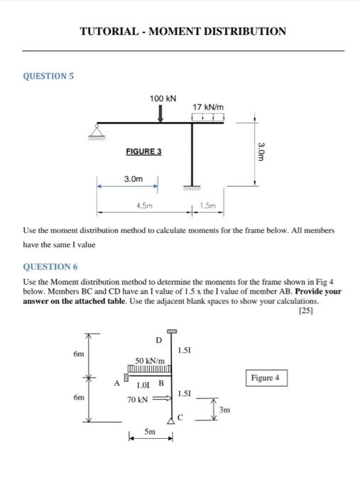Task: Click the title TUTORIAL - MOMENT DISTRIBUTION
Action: (x=182, y=31)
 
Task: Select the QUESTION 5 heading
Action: (x=48, y=75)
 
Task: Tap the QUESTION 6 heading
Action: (x=50, y=266)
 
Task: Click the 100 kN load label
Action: (x=163, y=98)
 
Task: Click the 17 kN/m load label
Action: (x=208, y=106)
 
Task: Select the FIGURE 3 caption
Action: (x=143, y=151)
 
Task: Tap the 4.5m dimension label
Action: (x=144, y=205)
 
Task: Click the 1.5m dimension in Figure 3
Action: (x=209, y=205)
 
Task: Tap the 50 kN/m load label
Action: (x=151, y=361)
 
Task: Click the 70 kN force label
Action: (x=137, y=400)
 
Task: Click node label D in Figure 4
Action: (x=158, y=341)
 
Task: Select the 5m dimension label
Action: (x=150, y=431)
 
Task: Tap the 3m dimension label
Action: (x=224, y=410)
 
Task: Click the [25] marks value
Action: (x=307, y=310)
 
